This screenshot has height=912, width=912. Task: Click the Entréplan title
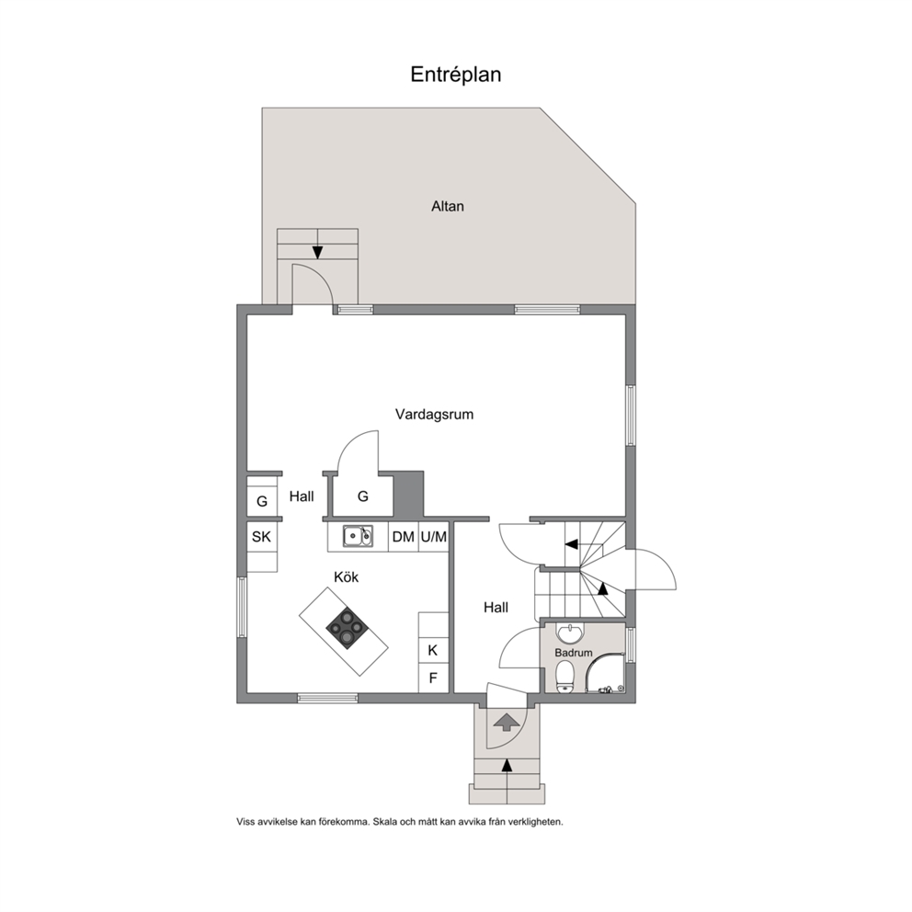click(455, 74)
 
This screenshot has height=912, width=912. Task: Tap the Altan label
click(448, 206)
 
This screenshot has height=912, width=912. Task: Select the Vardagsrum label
click(434, 414)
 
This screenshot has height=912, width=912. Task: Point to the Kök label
click(346, 577)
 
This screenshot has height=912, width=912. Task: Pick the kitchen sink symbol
click(358, 536)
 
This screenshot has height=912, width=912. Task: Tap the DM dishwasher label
click(403, 536)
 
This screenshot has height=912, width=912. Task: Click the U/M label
click(433, 536)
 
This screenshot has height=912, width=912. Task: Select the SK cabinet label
click(261, 536)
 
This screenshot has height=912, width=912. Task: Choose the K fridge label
click(433, 650)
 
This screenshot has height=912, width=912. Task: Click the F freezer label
click(433, 678)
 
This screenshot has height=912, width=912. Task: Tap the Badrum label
click(573, 653)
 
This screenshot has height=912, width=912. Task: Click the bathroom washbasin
click(571, 633)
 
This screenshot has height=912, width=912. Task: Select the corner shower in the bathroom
click(605, 673)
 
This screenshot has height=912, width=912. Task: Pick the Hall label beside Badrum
click(496, 607)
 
